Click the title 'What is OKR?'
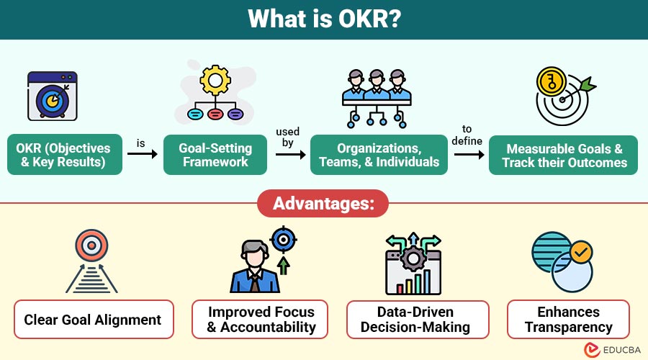coord(323,19)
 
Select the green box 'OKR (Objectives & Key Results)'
coord(63,155)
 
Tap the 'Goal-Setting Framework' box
coord(215,155)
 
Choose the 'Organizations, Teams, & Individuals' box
coord(379,155)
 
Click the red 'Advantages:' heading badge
coord(323,203)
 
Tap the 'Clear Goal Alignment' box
coord(93,320)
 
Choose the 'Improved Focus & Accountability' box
coord(261,320)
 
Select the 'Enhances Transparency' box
coord(568,320)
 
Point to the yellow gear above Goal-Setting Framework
coord(214,81)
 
